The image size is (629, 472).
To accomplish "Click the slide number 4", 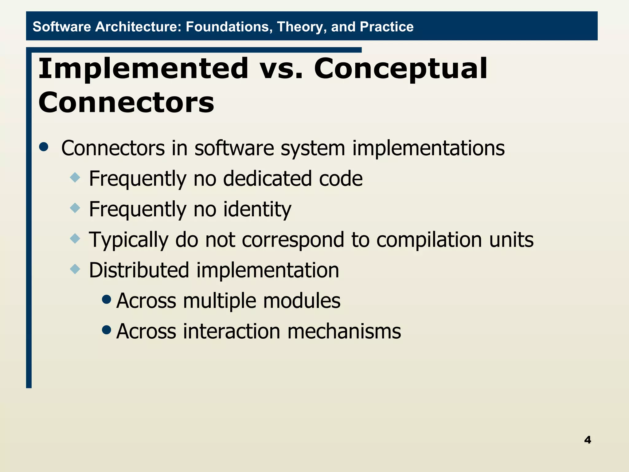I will click(x=587, y=440).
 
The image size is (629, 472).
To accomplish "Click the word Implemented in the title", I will click(x=143, y=69).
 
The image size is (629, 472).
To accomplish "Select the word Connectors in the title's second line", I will click(x=126, y=102).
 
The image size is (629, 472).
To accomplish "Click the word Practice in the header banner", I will click(x=386, y=27).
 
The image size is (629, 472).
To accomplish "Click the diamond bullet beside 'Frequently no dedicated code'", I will click(x=75, y=177).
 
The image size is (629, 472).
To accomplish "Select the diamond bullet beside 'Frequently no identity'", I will click(x=75, y=208).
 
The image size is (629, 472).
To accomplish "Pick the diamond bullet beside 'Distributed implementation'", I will click(x=75, y=269).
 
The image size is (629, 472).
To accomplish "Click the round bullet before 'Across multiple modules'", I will click(x=106, y=299).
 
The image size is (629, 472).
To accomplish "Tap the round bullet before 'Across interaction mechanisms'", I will click(x=106, y=330).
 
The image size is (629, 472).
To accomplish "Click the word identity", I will click(x=257, y=209).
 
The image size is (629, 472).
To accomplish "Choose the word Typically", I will click(x=128, y=240).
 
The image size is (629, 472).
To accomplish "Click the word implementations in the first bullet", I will click(x=428, y=148).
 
